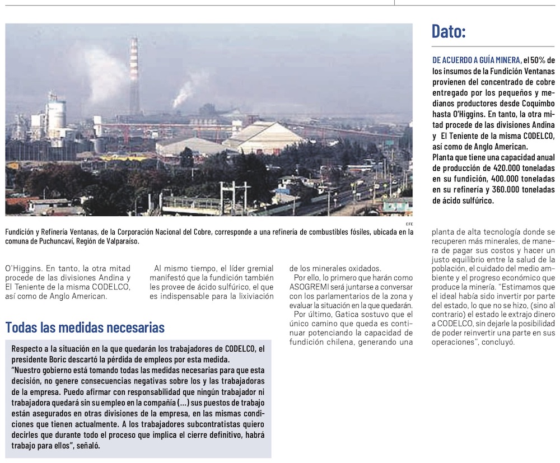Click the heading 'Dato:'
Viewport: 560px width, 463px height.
pos(449,31)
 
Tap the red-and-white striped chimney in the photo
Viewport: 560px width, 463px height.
pos(134,76)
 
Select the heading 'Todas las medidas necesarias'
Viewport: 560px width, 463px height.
pos(85,327)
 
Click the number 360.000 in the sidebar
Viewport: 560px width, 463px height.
pos(502,190)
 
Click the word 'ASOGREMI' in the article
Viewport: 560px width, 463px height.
pos(311,287)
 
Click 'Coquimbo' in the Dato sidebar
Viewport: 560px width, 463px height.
pos(534,104)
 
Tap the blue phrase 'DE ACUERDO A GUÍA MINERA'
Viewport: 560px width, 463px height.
pos(477,60)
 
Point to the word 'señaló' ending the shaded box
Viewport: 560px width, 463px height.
pos(87,446)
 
